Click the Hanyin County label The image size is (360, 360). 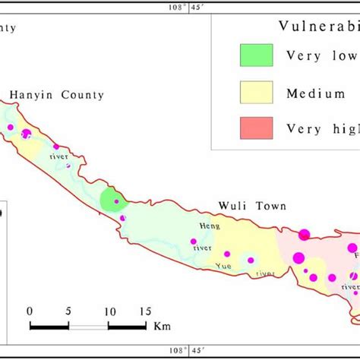[x=56, y=95]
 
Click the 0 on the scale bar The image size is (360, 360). [x=30, y=311]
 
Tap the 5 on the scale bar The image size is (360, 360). [x=69, y=311]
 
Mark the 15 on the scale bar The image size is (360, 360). [x=144, y=311]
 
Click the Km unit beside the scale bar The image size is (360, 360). [x=161, y=327]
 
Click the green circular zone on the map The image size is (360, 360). [x=111, y=201]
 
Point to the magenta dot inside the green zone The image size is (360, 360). [x=116, y=202]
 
